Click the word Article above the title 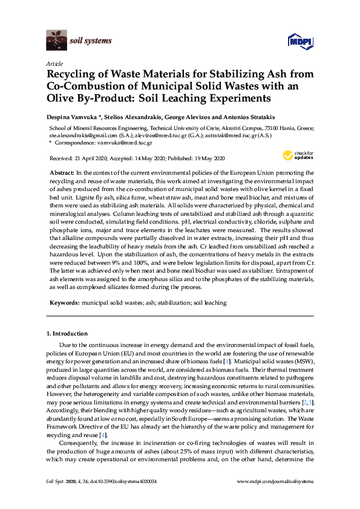[x=53, y=63]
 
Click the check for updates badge [x=301, y=157]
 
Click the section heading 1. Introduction [x=67, y=334]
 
